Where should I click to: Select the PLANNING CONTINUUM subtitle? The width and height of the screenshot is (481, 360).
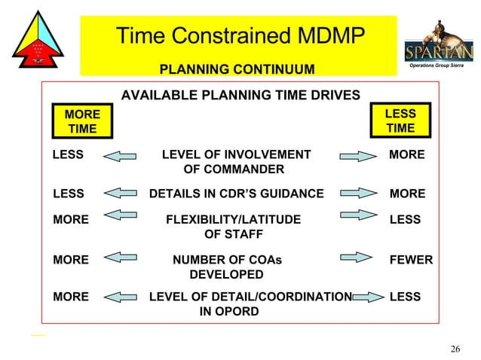[237, 70]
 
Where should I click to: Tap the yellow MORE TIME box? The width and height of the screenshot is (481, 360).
[82, 121]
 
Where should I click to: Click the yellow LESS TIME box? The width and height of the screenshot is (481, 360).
[400, 121]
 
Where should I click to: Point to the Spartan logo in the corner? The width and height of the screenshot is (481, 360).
[440, 46]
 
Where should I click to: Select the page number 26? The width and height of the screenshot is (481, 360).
[455, 349]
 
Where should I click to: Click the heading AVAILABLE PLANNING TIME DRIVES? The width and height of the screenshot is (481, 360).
[240, 95]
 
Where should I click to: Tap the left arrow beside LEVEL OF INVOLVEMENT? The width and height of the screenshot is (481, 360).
[119, 156]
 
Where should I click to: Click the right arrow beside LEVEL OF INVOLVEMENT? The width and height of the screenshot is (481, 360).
[357, 156]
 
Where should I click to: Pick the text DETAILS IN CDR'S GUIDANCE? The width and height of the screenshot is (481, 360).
[236, 194]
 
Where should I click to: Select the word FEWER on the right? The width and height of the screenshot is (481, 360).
[411, 260]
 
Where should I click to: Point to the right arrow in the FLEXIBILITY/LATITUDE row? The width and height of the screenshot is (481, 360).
[357, 216]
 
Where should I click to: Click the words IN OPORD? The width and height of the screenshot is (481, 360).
[228, 311]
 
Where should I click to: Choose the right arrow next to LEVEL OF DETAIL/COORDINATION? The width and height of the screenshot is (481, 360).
[367, 297]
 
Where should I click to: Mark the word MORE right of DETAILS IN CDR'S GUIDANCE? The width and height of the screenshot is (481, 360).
[407, 194]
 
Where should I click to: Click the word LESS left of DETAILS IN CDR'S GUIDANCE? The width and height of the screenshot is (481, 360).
[68, 194]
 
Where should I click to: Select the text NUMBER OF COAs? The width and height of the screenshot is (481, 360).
[227, 260]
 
